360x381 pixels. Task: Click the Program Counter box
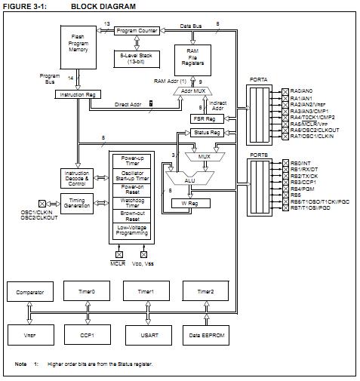click(x=136, y=31)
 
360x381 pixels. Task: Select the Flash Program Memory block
click(x=78, y=45)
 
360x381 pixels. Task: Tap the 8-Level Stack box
click(x=136, y=58)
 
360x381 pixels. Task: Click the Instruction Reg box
click(x=78, y=94)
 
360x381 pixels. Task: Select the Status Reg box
click(x=206, y=133)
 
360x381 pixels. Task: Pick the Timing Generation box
click(x=76, y=204)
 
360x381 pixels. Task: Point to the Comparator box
click(x=29, y=291)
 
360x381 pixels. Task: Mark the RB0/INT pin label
click(x=302, y=162)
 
